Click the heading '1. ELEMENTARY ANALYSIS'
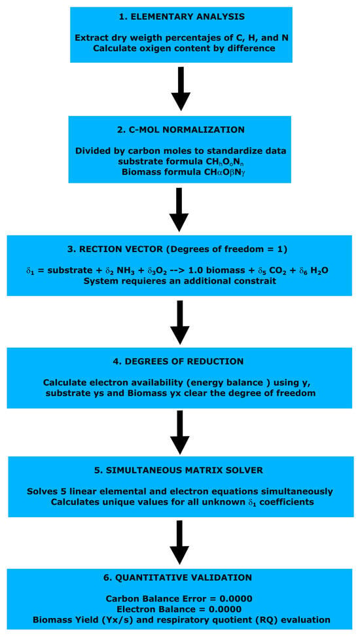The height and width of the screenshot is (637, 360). click(181, 17)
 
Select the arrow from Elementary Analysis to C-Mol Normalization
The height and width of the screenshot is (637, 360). click(181, 88)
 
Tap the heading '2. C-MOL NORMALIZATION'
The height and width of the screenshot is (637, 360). click(179, 130)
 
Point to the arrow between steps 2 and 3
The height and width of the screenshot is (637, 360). click(179, 209)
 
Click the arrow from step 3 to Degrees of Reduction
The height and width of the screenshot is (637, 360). click(179, 321)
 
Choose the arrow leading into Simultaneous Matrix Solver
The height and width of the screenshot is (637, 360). click(179, 432)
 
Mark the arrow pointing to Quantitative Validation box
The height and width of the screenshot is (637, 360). click(179, 542)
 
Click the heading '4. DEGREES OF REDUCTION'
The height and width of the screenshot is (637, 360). click(179, 361)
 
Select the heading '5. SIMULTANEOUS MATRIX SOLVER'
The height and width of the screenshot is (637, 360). click(179, 471)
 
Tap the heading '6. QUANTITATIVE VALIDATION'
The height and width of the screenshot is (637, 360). click(179, 577)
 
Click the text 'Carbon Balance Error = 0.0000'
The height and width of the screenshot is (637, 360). click(179, 599)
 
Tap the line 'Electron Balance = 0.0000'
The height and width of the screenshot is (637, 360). click(179, 610)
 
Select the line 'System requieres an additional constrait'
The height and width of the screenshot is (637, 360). click(179, 281)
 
